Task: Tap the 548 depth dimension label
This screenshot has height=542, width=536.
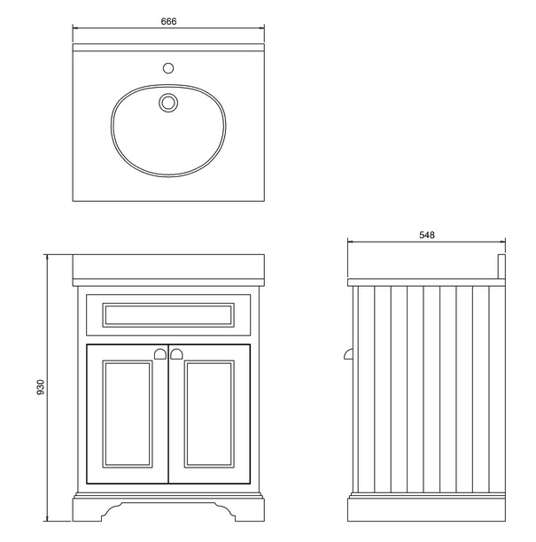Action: (x=427, y=236)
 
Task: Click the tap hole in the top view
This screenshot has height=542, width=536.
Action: (x=168, y=67)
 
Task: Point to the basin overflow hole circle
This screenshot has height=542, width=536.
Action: (x=167, y=103)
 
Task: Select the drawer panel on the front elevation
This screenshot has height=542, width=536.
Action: (x=168, y=314)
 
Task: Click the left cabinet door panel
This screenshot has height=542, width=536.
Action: (x=125, y=416)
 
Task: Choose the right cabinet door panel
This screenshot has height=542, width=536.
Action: (x=212, y=416)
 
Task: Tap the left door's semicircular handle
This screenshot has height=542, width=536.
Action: (x=160, y=354)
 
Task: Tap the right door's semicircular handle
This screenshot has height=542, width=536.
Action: (x=176, y=354)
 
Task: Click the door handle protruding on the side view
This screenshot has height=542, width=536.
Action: (x=346, y=354)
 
